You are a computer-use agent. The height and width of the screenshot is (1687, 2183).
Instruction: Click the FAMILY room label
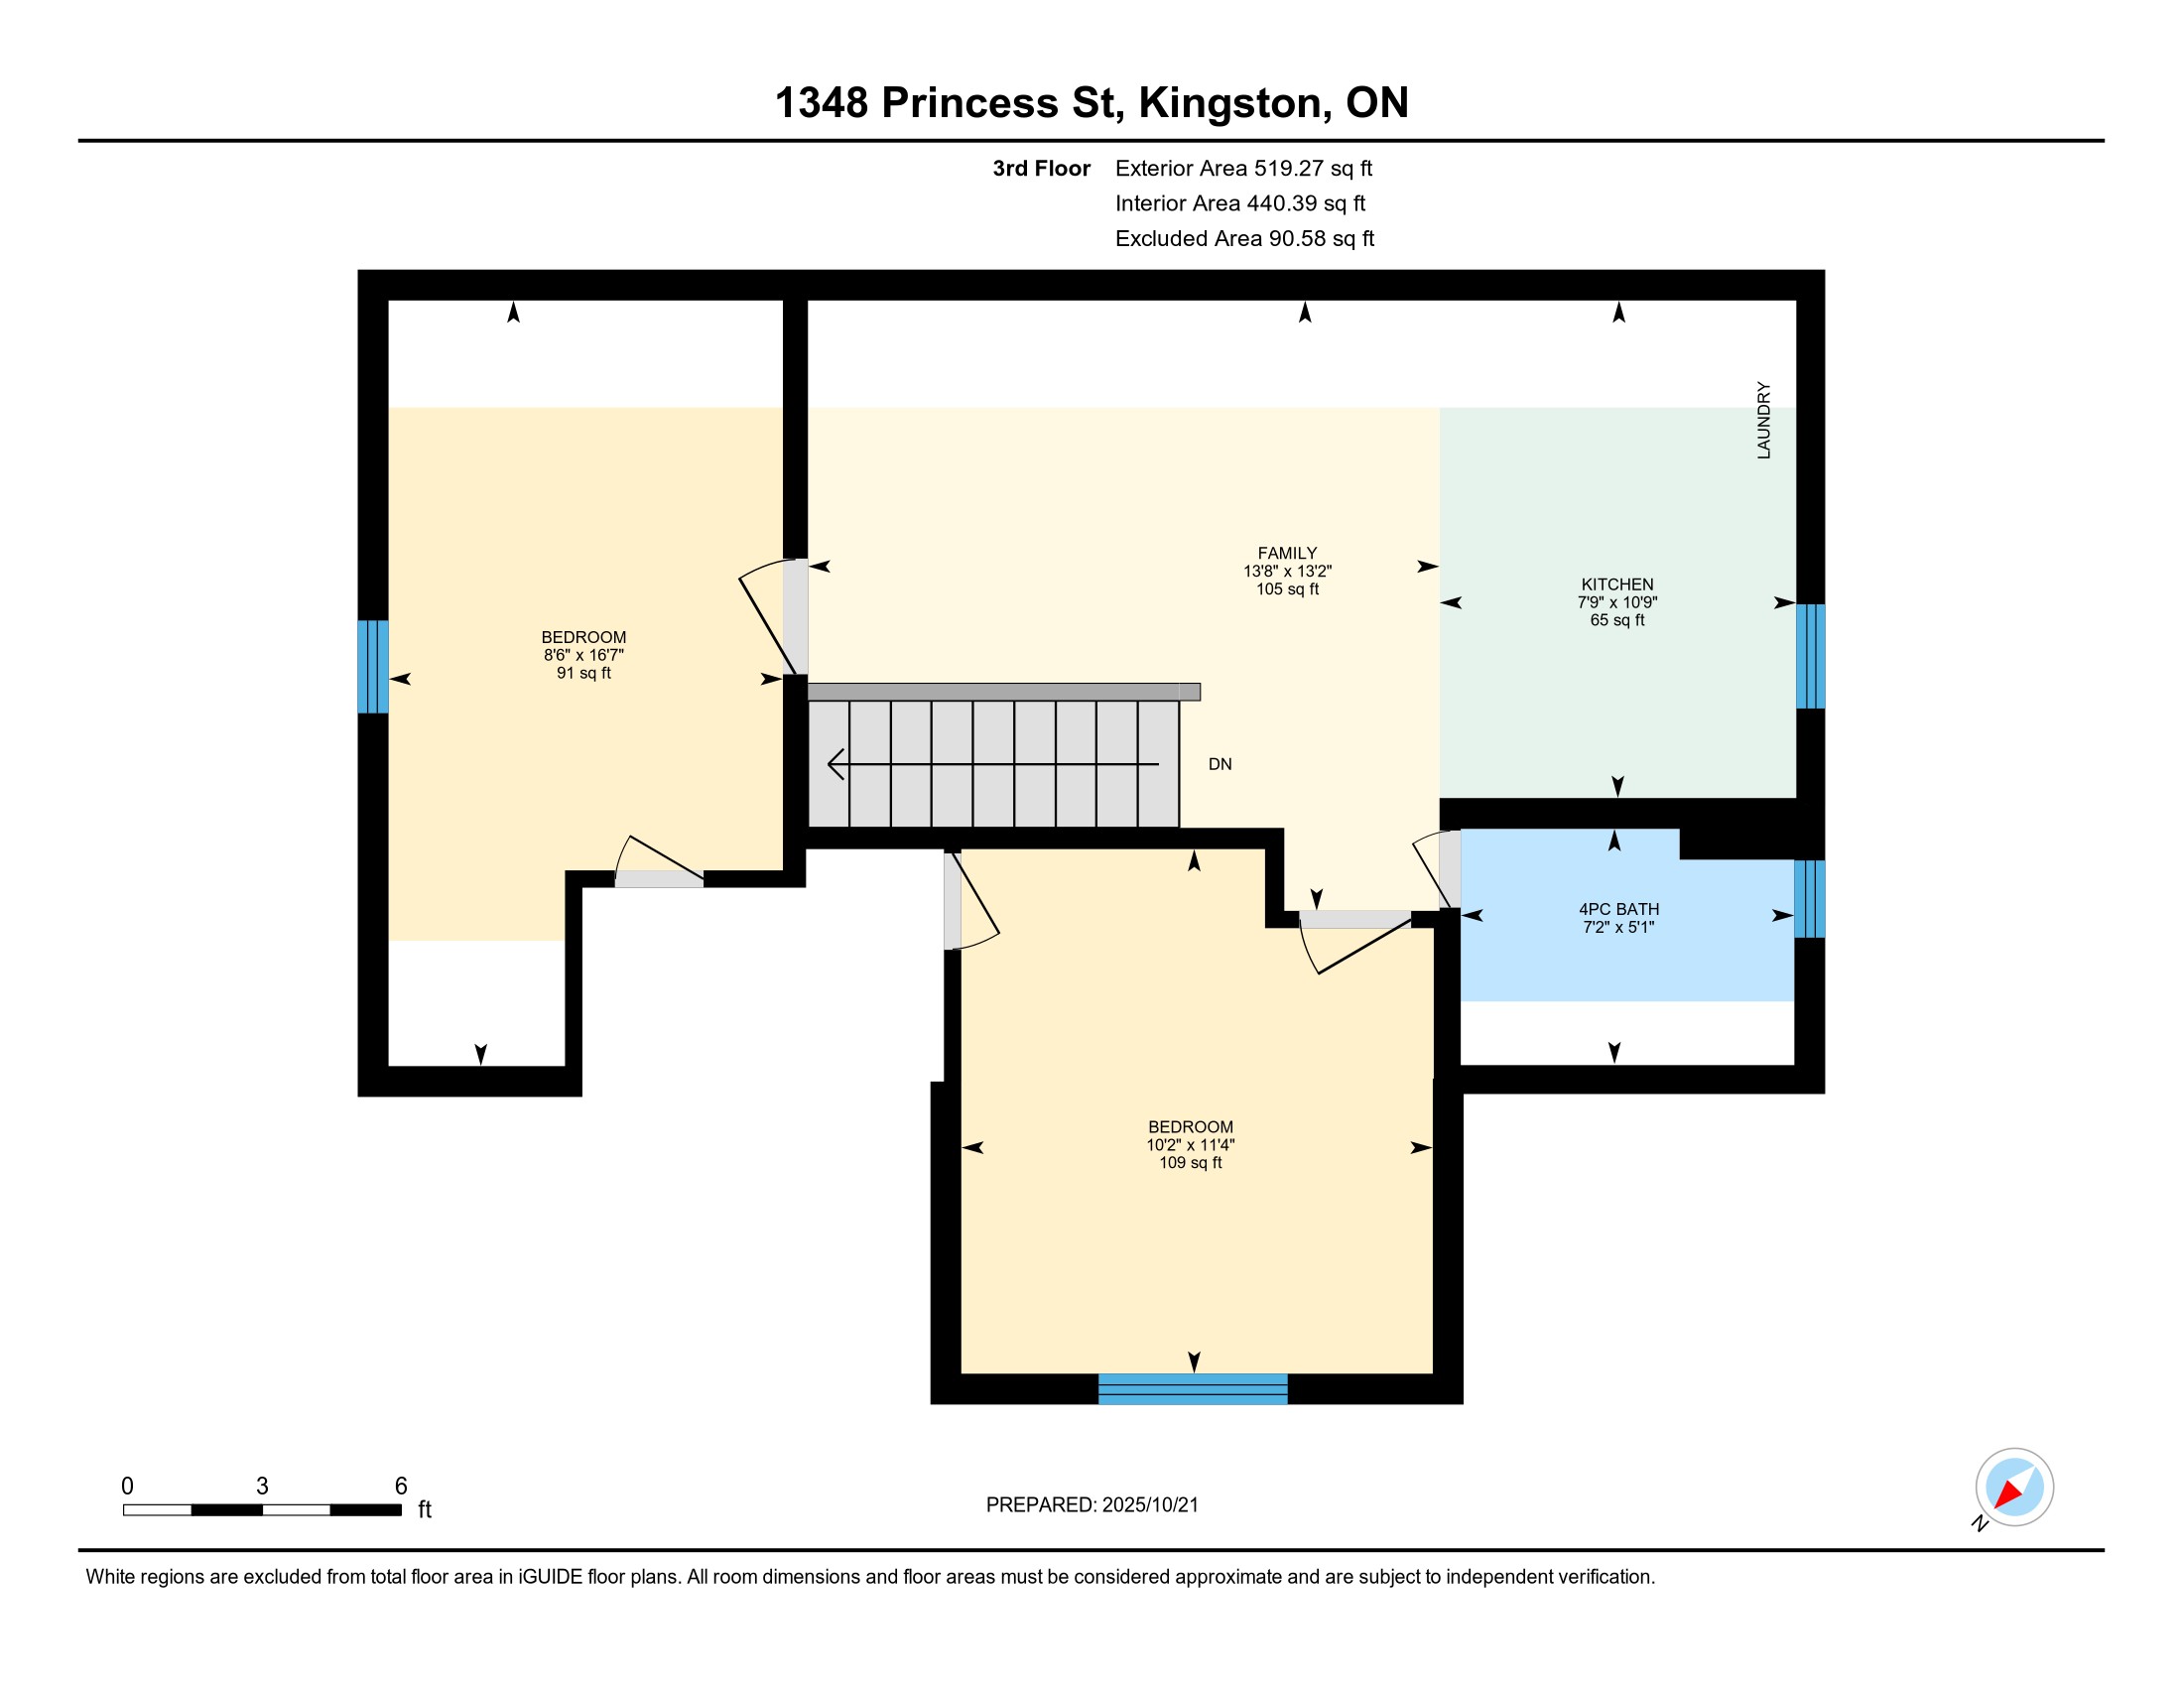[1286, 553]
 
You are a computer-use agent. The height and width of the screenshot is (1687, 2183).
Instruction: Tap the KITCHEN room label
[1616, 584]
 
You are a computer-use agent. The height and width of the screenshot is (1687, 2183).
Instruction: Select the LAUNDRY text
[1763, 420]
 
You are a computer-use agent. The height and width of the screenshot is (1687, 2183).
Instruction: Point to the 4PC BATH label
[1618, 909]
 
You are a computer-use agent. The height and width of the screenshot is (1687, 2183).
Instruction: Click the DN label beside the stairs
[1220, 764]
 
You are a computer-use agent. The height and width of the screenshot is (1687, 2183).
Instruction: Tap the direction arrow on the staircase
[993, 764]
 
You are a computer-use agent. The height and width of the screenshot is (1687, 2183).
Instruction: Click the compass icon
[2014, 1488]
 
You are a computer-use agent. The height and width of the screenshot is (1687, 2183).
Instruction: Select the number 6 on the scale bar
[401, 1487]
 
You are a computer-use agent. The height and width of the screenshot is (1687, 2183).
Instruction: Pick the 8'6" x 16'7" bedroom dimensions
[583, 656]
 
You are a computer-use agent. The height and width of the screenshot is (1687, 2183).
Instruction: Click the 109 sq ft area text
[1191, 1163]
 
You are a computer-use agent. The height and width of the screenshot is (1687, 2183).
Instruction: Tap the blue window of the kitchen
[1810, 656]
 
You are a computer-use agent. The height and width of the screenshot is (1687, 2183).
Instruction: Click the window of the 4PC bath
[1809, 899]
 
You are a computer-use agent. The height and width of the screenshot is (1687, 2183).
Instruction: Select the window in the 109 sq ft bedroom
[1193, 1389]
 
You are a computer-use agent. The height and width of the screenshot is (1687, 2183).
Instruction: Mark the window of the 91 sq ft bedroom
[373, 667]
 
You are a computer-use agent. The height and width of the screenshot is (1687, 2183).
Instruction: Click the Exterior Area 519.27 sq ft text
[1243, 169]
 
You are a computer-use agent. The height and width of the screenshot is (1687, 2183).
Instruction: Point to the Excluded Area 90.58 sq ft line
[1244, 239]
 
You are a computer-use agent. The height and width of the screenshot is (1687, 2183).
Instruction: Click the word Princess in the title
[968, 103]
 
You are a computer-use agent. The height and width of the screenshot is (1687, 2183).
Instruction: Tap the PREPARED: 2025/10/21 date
[1091, 1505]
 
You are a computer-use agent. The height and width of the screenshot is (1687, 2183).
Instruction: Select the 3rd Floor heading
[1041, 169]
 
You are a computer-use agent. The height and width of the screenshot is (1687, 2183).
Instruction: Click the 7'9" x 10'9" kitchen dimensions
[1617, 602]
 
